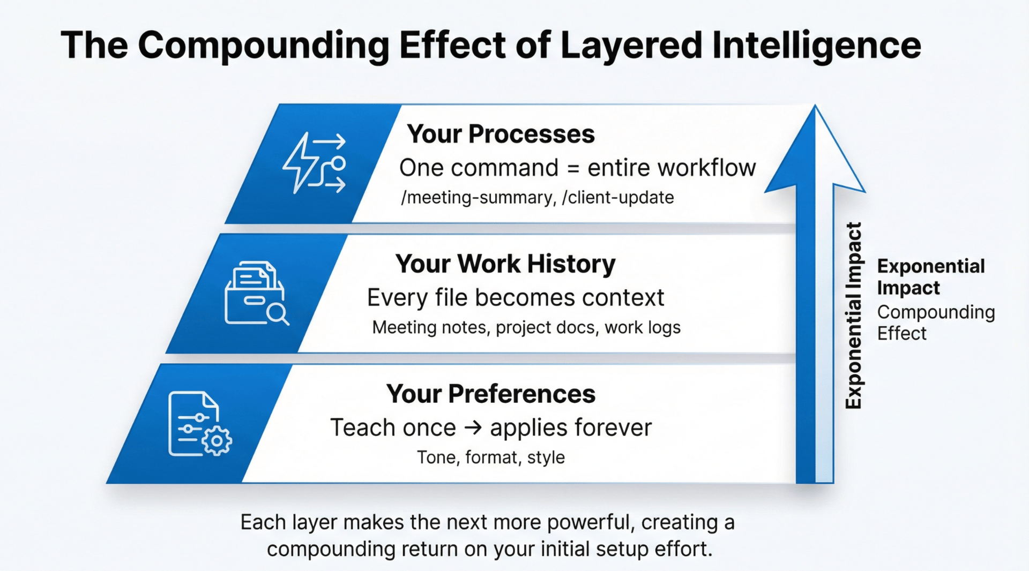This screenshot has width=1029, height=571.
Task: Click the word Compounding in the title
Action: (264, 46)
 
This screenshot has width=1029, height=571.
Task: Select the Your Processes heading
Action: (501, 134)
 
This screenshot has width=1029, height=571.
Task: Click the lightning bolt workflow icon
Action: (315, 163)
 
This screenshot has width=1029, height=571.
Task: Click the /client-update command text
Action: (618, 198)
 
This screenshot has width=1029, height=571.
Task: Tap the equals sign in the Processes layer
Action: (573, 169)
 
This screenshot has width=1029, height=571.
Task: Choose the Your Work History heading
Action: (505, 264)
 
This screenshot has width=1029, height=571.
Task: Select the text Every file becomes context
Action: (516, 298)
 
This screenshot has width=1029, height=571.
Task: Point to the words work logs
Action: (643, 327)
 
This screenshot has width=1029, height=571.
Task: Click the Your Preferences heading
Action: (490, 394)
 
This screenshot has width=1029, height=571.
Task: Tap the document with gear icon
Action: (200, 424)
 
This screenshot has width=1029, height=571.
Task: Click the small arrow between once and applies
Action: (473, 428)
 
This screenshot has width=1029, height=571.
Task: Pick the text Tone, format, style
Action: (491, 457)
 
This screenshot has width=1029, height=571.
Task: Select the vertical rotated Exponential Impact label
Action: (853, 315)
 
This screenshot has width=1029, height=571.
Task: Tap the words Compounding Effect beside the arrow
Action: (936, 322)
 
